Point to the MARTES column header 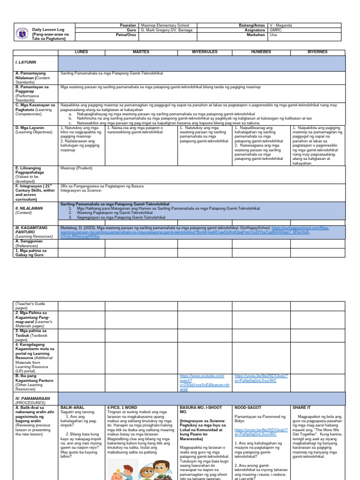point(141,52)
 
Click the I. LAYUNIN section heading point(26,62)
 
